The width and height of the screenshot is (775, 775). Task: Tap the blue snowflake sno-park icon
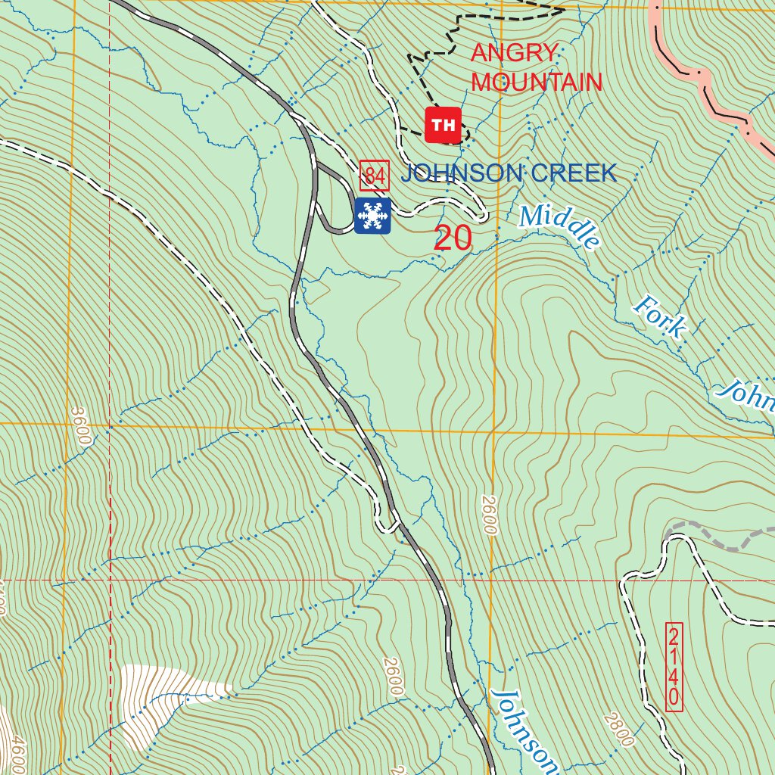[372, 216]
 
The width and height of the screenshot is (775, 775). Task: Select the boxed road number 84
[375, 176]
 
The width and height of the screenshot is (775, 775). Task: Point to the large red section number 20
[453, 238]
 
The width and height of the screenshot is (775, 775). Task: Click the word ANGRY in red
[515, 54]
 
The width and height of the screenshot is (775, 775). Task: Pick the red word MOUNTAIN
[537, 82]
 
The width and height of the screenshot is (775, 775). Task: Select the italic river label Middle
[560, 226]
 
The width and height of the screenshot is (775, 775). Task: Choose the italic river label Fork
[661, 317]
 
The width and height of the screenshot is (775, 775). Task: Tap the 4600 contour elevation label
[17, 753]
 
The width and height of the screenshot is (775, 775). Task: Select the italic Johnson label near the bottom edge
[524, 730]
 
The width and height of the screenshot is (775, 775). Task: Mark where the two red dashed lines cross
[110, 580]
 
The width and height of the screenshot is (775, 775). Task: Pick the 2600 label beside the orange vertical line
[487, 515]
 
